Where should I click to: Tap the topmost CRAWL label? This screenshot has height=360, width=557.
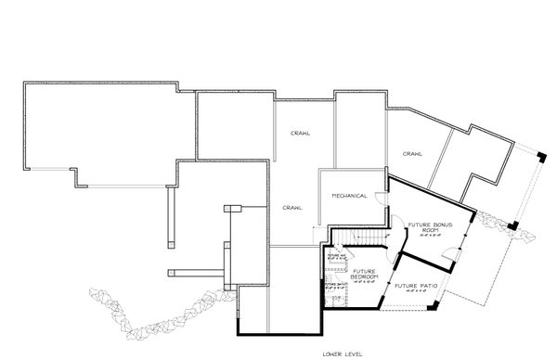[x=300, y=132]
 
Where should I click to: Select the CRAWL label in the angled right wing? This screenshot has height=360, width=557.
[x=413, y=152]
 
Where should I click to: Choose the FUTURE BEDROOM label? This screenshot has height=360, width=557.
[x=363, y=275]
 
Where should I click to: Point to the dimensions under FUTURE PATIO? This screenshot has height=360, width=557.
[x=410, y=290]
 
